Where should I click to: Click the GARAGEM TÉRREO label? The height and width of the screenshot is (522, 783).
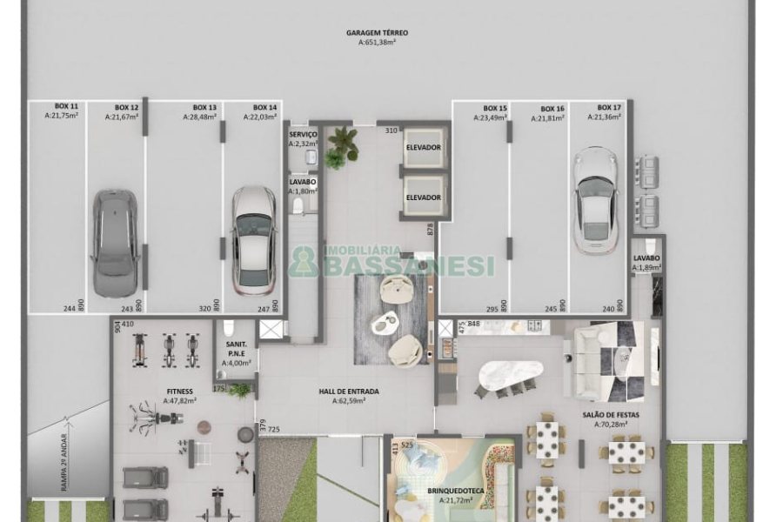coord(377,33)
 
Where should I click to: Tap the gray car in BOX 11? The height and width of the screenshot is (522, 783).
coord(115,243)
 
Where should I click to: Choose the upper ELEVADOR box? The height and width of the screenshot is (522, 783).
coord(424,148)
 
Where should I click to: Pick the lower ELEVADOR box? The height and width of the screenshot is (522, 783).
coord(424,197)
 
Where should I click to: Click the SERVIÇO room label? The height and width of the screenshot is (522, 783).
coord(303,134)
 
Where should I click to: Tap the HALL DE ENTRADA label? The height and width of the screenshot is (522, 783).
coord(349,391)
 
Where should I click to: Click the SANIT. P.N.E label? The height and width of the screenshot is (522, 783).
coord(236,349)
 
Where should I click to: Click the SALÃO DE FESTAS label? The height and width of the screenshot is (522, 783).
coord(611,415)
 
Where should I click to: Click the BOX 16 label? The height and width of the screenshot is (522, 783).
coord(552,109)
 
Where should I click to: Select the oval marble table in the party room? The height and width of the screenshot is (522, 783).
coord(511,375)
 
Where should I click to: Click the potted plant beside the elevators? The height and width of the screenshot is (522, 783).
coord(341,146)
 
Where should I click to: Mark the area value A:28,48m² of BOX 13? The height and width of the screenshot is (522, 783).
coord(199,117)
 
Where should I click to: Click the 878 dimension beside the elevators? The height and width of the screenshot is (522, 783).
coord(430,230)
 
